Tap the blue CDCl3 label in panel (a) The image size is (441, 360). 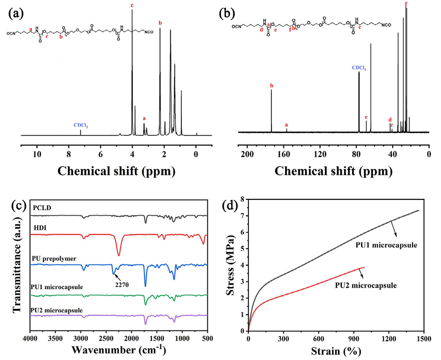[x=81, y=125]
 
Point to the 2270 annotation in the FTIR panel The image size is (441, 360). [x=122, y=285]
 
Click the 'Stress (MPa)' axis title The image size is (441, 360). [x=229, y=264]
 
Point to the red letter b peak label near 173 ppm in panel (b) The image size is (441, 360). [x=272, y=85]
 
